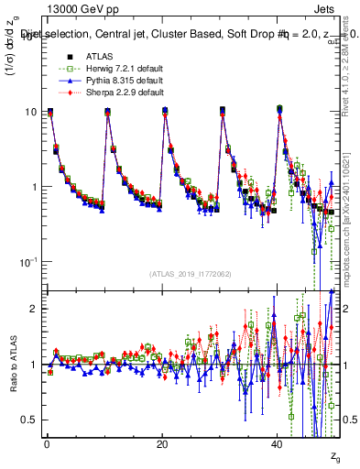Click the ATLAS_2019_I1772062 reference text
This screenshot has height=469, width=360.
[x=190, y=274]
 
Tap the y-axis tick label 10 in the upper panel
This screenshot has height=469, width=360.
[x=31, y=112]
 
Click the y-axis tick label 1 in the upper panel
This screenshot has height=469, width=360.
[x=34, y=187]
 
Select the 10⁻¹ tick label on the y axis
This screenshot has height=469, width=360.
[x=29, y=262]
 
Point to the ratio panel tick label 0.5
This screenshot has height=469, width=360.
[x=29, y=420]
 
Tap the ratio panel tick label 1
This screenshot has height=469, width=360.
[x=34, y=365]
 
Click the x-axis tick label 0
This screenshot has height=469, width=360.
[x=46, y=443]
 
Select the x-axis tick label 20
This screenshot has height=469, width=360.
[x=161, y=443]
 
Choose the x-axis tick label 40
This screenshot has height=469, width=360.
[x=277, y=443]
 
